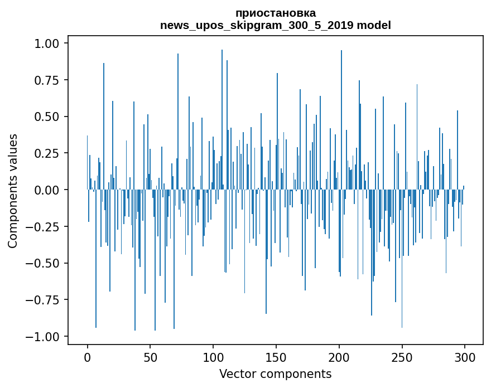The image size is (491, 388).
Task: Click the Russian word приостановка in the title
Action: coord(275,13)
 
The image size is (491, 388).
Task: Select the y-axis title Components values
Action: coord(13,190)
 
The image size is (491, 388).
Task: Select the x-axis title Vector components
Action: coord(275,374)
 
